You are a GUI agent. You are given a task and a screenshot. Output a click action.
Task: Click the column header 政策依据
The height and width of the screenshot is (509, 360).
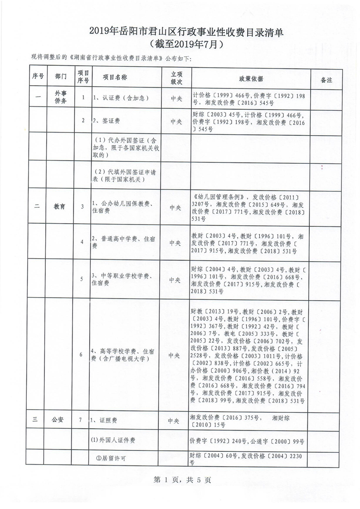251,78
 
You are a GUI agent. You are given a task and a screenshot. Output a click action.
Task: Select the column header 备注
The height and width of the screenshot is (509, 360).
326,79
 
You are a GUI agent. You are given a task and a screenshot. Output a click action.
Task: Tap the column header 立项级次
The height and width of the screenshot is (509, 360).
176,78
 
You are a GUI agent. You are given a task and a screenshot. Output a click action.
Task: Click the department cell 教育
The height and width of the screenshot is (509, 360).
59,206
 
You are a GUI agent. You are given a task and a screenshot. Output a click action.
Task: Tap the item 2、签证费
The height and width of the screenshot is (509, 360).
106,121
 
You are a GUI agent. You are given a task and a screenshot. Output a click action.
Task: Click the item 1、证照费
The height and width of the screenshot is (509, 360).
104,420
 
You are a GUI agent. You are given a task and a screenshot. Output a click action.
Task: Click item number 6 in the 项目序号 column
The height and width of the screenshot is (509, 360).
81,354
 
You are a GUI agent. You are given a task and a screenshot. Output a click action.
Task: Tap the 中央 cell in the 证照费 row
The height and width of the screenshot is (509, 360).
174,421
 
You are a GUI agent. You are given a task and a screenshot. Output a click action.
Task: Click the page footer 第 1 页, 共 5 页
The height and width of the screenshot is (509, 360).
180,480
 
